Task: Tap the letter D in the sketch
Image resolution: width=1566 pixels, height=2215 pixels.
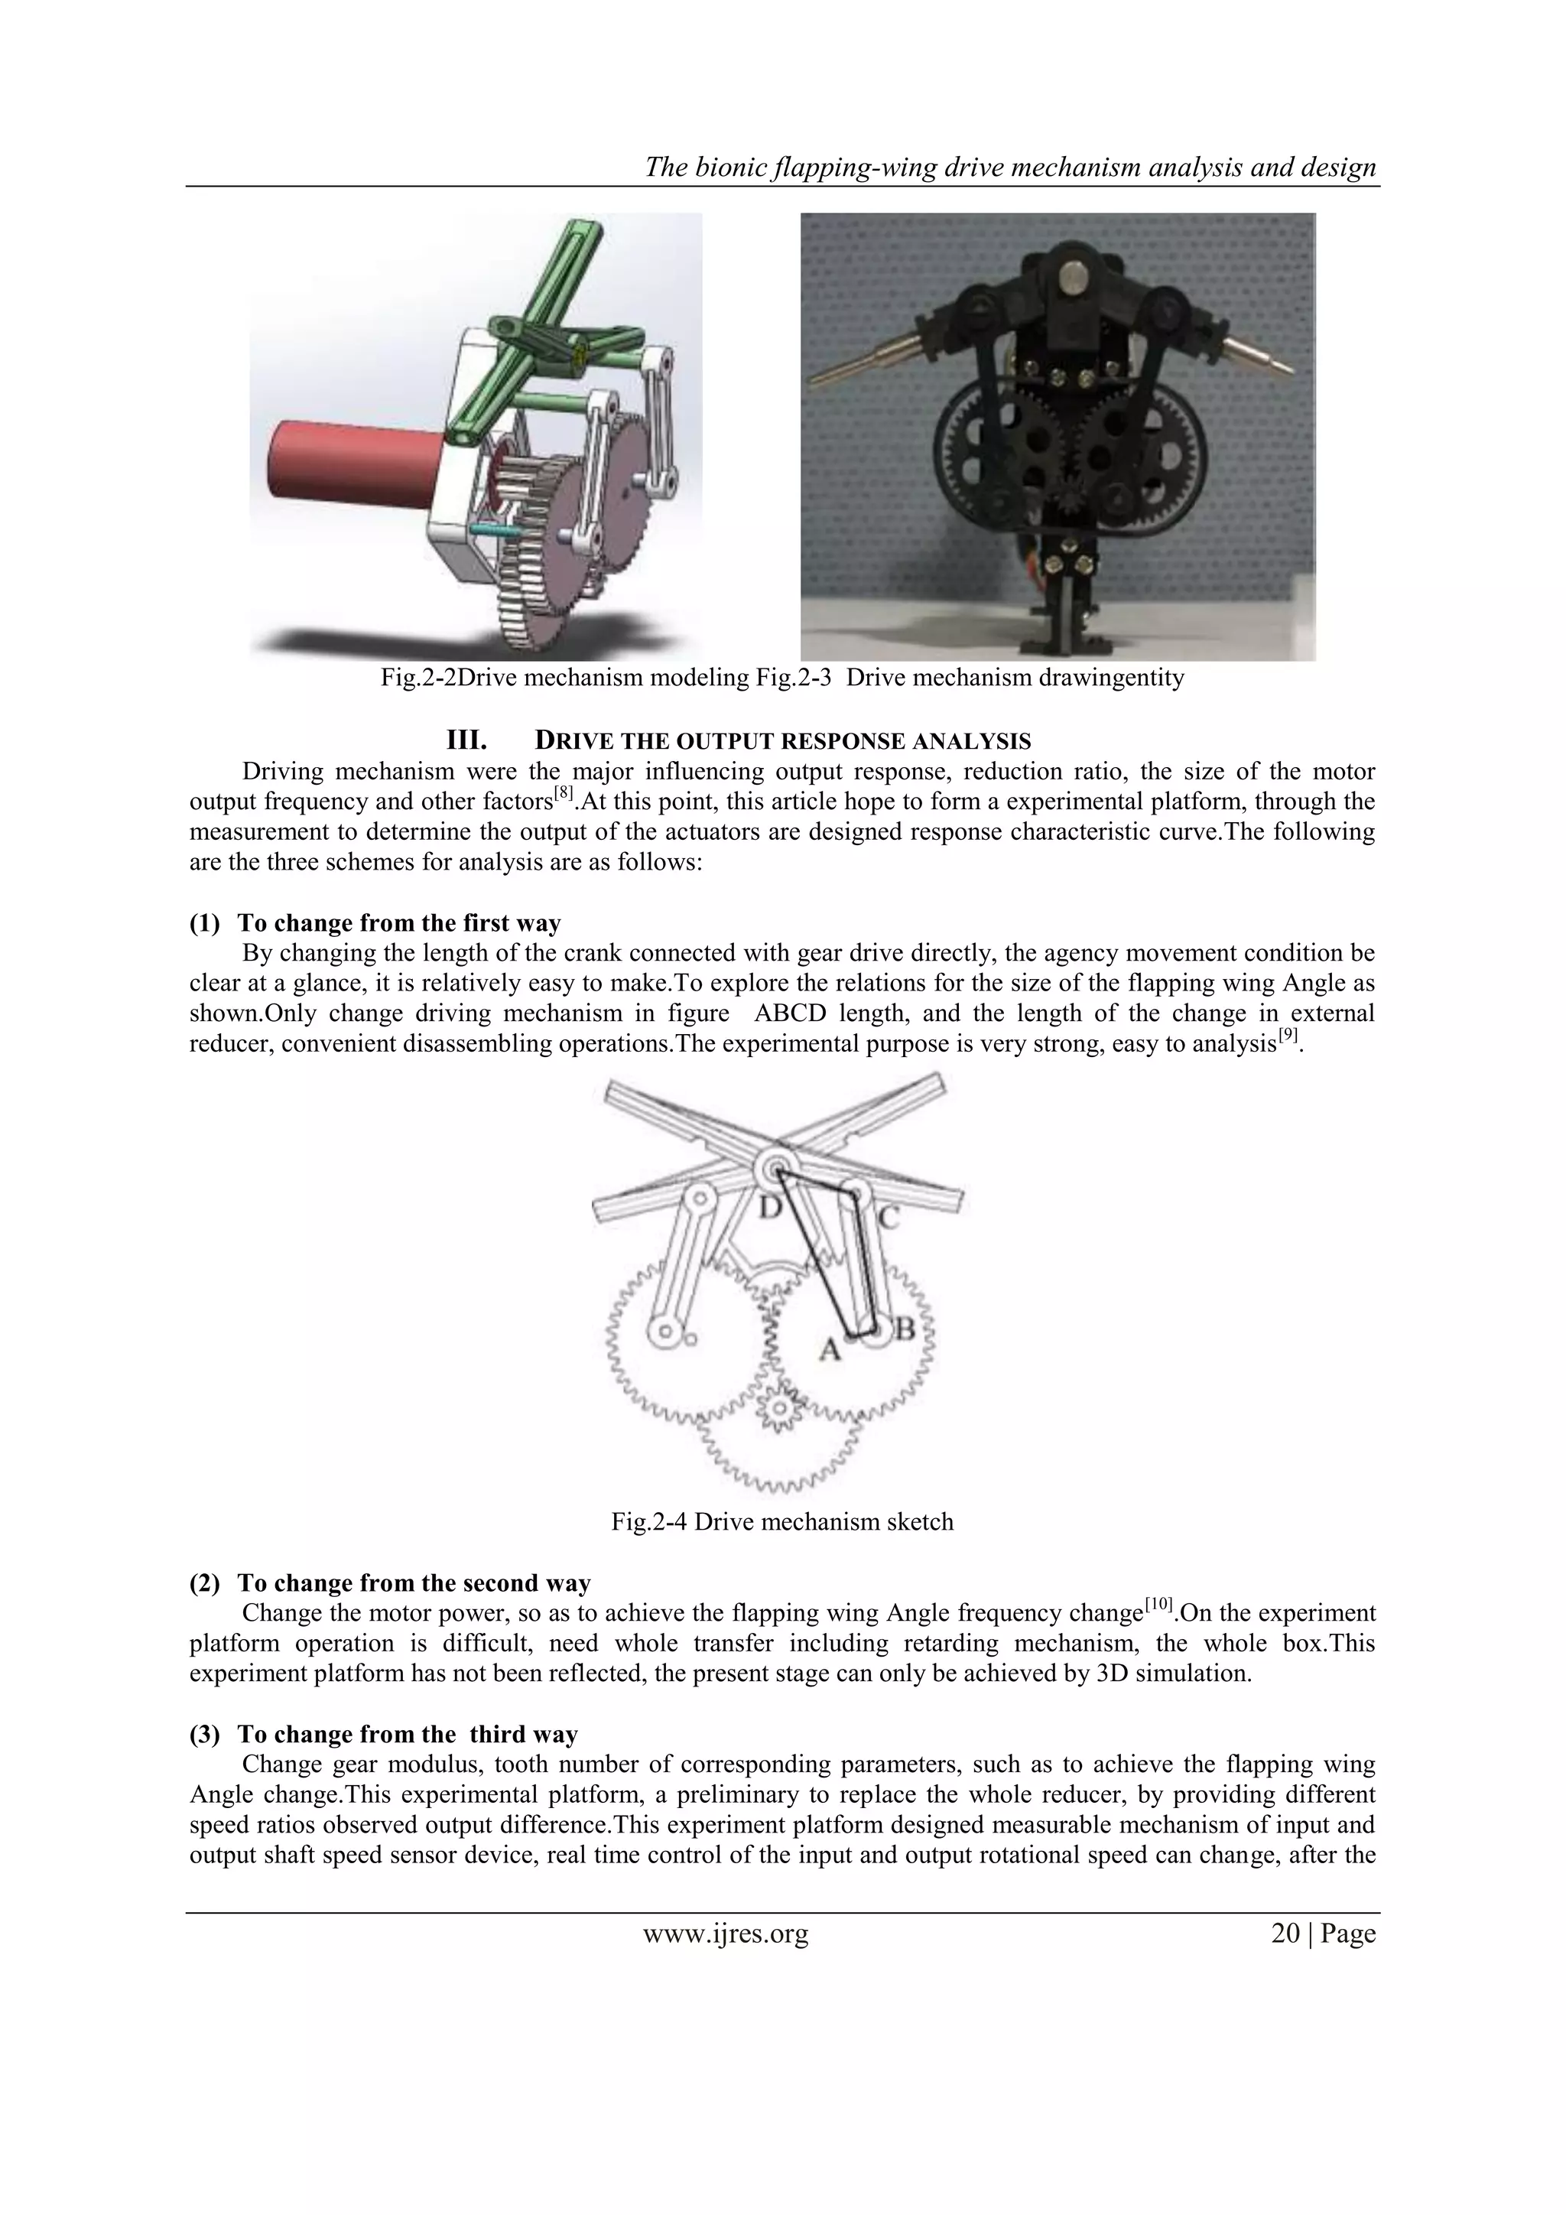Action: (769, 1208)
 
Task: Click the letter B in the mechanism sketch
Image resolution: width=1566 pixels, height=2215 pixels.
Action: (905, 1332)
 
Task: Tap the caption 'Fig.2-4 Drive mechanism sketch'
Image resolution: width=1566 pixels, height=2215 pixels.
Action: (782, 1521)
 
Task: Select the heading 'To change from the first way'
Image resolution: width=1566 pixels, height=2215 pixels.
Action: (398, 923)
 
